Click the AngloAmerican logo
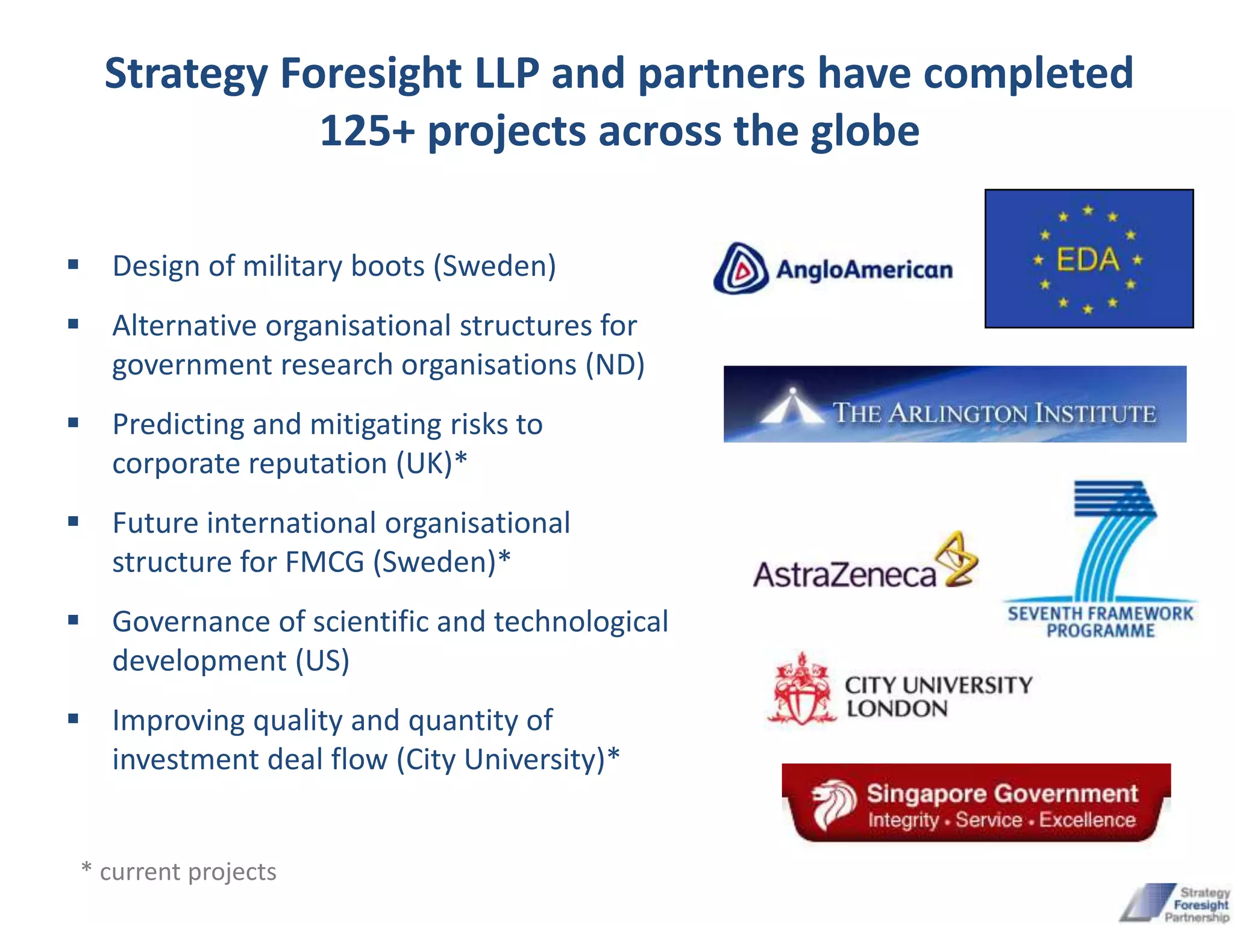click(x=833, y=269)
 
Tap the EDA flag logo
click(x=1089, y=259)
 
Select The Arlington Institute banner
click(x=954, y=404)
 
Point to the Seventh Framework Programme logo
click(x=1100, y=560)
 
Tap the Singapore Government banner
click(x=976, y=803)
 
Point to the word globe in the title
click(x=865, y=131)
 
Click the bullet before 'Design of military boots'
click(x=74, y=264)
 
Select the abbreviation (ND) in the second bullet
click(x=615, y=365)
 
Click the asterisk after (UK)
click(x=461, y=460)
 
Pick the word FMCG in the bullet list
click(x=325, y=562)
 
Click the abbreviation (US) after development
click(x=322, y=661)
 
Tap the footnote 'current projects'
click(x=187, y=872)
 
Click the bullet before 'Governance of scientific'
click(x=74, y=620)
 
